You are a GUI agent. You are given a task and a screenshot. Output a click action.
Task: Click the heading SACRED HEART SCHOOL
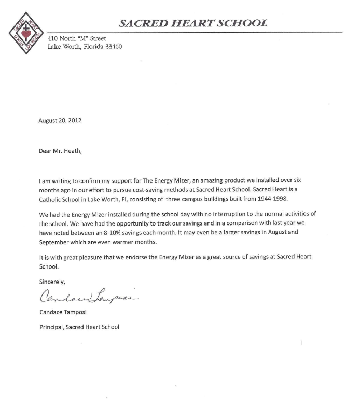pos(193,23)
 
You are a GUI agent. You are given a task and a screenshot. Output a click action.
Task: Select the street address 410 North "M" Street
pos(76,38)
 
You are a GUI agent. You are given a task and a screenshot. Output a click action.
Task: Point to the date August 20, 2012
pos(60,120)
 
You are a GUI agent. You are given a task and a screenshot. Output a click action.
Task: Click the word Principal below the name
pos(51,327)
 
